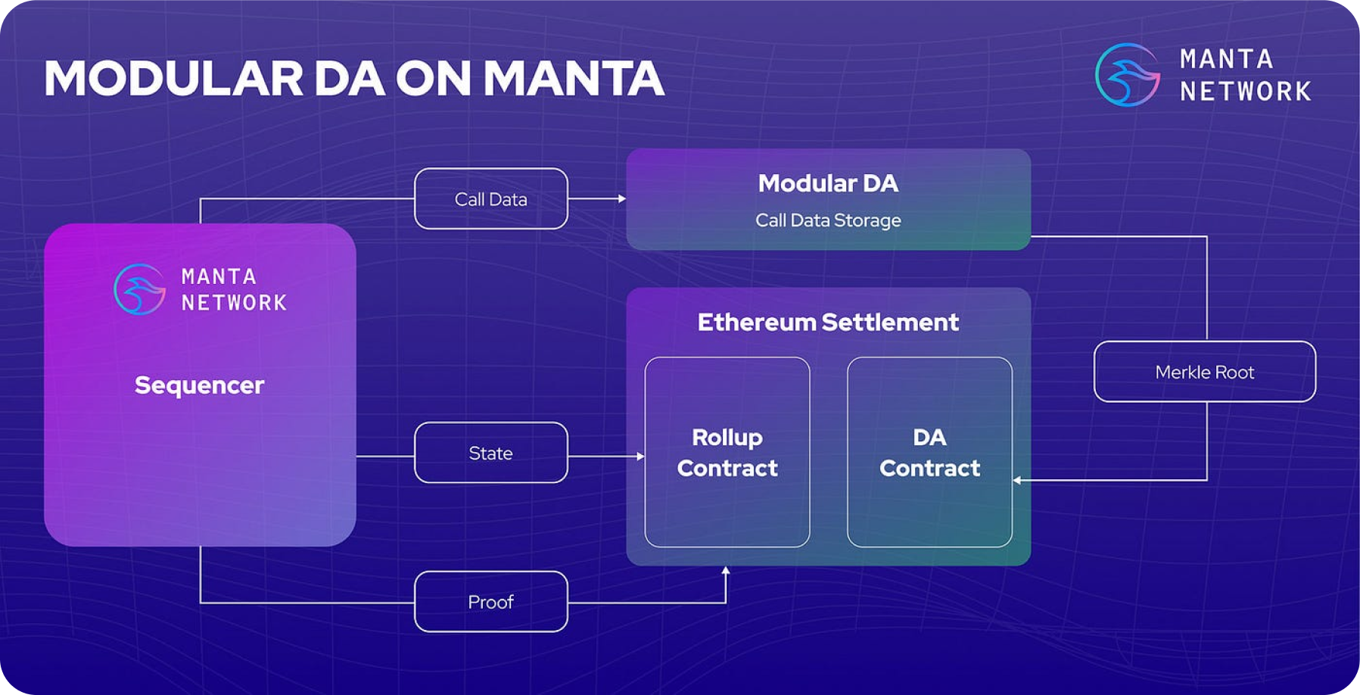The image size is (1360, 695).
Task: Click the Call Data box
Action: [491, 199]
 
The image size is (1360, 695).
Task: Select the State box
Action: [491, 453]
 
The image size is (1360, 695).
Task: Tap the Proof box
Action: [491, 602]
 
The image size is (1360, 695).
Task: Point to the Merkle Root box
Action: [1205, 372]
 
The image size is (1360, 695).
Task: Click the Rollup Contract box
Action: [727, 452]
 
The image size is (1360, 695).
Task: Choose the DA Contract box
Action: [929, 452]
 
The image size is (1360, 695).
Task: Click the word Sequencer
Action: [200, 385]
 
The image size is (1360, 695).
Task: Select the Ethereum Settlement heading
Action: [828, 323]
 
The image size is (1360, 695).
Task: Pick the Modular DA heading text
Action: [828, 183]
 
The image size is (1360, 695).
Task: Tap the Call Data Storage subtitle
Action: [828, 220]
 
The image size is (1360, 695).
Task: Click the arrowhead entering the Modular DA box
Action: [622, 199]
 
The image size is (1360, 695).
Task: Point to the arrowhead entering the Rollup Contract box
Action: [640, 457]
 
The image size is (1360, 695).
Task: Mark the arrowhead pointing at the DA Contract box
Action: [1017, 480]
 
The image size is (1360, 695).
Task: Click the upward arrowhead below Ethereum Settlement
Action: [726, 571]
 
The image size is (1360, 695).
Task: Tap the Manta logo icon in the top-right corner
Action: [1128, 75]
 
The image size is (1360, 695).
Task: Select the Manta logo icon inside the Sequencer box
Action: [139, 289]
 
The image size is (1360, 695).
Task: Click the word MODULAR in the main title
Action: [174, 79]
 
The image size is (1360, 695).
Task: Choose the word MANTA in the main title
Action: [574, 79]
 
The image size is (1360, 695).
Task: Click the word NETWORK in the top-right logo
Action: [1245, 92]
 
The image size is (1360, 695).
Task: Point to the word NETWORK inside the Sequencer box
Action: [234, 303]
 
